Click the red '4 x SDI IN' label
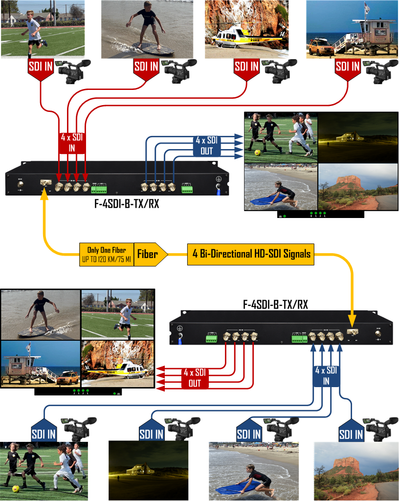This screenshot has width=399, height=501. [x=72, y=143]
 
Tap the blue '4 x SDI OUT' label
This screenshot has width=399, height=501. [x=207, y=146]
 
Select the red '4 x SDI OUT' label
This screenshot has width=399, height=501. [x=195, y=378]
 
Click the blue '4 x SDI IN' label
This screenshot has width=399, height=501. [x=326, y=375]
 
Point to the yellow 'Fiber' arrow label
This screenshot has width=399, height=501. [x=149, y=254]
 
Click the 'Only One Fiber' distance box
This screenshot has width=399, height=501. [x=106, y=254]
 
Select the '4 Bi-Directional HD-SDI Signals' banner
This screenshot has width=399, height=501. [x=250, y=254]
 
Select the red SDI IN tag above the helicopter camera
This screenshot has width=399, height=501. [x=246, y=67]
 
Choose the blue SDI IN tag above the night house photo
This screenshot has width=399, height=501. [x=151, y=432]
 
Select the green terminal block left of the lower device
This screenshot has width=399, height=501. [x=211, y=338]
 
